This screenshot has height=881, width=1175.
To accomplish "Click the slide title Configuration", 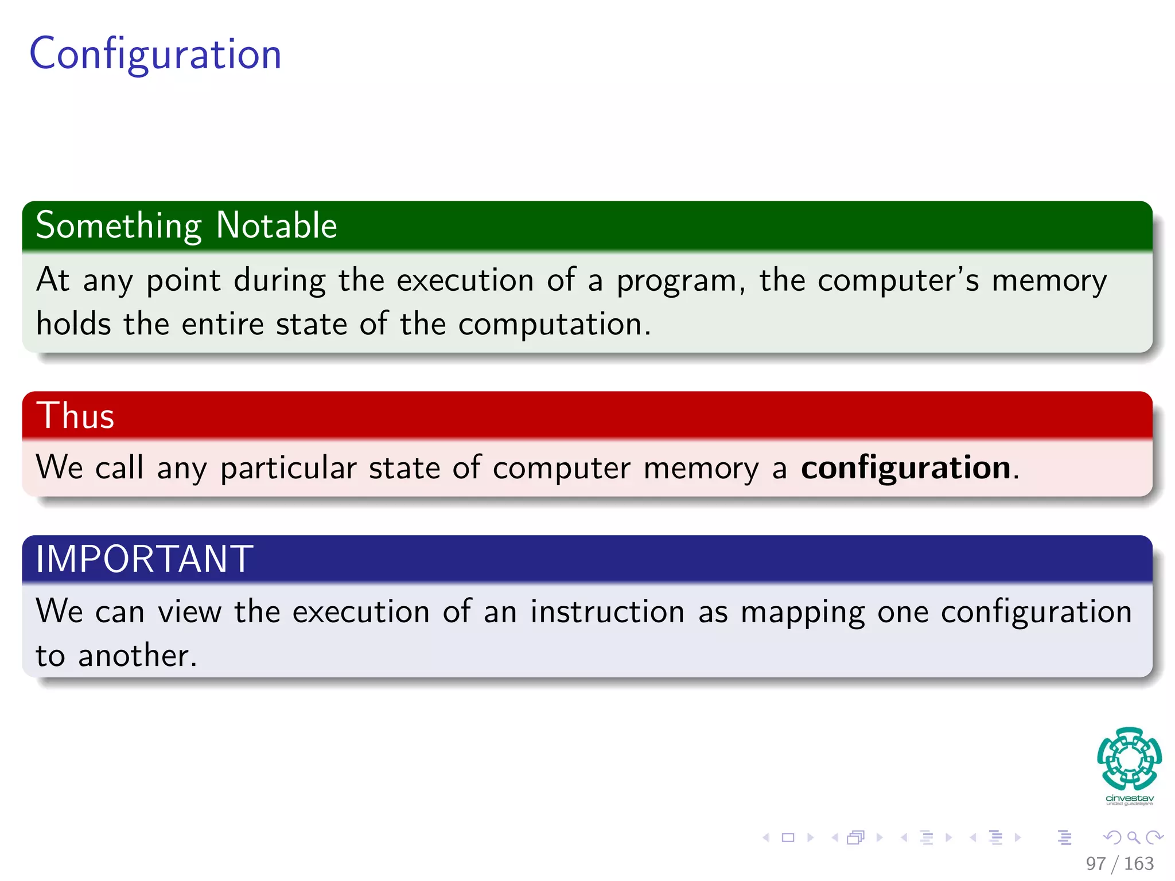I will (155, 54).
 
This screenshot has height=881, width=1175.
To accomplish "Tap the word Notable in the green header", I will (277, 225).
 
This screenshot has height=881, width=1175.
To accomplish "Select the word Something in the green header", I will (119, 225).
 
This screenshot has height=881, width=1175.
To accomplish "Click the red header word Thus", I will (75, 416).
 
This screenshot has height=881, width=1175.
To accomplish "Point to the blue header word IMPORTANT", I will (144, 559).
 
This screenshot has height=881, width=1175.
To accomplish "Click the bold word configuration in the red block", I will (905, 468).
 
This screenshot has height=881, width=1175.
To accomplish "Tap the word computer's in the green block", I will (898, 281).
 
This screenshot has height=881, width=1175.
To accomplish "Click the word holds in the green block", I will (73, 324).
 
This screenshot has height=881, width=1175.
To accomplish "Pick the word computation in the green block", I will (550, 325).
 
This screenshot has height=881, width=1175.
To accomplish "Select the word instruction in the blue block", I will (607, 612).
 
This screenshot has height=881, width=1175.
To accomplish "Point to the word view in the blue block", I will (189, 612).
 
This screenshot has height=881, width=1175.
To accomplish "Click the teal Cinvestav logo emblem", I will (1129, 758).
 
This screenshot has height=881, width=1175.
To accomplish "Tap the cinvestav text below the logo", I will (1129, 798).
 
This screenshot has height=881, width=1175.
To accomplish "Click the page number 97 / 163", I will (1119, 864).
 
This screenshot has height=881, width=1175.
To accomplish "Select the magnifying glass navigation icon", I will (1133, 838).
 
